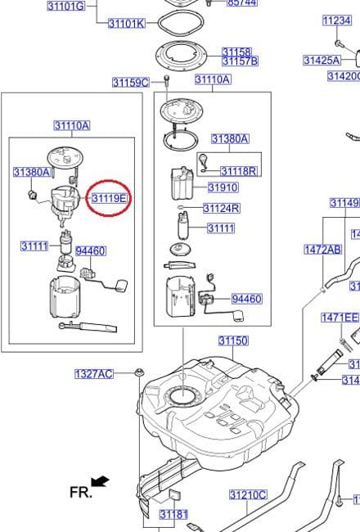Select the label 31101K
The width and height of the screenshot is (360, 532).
tap(127, 24)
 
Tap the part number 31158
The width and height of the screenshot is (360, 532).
tap(236, 52)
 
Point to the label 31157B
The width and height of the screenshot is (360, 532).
tap(240, 61)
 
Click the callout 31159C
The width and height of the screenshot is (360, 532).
tap(130, 82)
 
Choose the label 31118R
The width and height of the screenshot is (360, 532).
tap(238, 171)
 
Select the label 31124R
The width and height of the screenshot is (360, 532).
tap(221, 208)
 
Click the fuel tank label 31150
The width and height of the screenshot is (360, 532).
tap(232, 340)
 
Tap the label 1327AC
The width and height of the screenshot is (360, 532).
tap(94, 374)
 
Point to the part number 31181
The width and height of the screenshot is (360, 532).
tap(173, 515)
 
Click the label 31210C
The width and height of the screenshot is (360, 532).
tap(248, 495)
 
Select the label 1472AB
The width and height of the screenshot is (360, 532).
tap(322, 249)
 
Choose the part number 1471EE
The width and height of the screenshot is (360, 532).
tap(340, 318)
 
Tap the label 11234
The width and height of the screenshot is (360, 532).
tap(336, 20)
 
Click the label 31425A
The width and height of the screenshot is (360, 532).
tap(322, 60)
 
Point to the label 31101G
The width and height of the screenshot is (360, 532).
tap(66, 6)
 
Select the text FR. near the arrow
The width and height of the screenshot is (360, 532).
tap(80, 492)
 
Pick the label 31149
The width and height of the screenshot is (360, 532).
tap(344, 203)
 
